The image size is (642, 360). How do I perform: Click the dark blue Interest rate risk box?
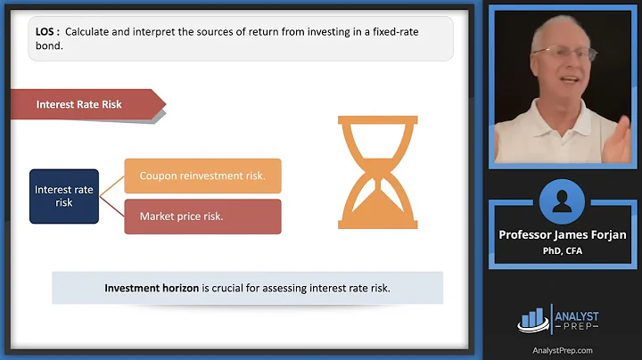(64, 196)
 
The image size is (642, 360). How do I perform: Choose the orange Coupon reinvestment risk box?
(202, 176)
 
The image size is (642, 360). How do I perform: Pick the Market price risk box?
(202, 217)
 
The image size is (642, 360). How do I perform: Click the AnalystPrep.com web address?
(562, 349)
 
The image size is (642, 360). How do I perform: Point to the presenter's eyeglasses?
(564, 53)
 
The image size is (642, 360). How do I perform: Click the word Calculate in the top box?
(89, 29)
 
